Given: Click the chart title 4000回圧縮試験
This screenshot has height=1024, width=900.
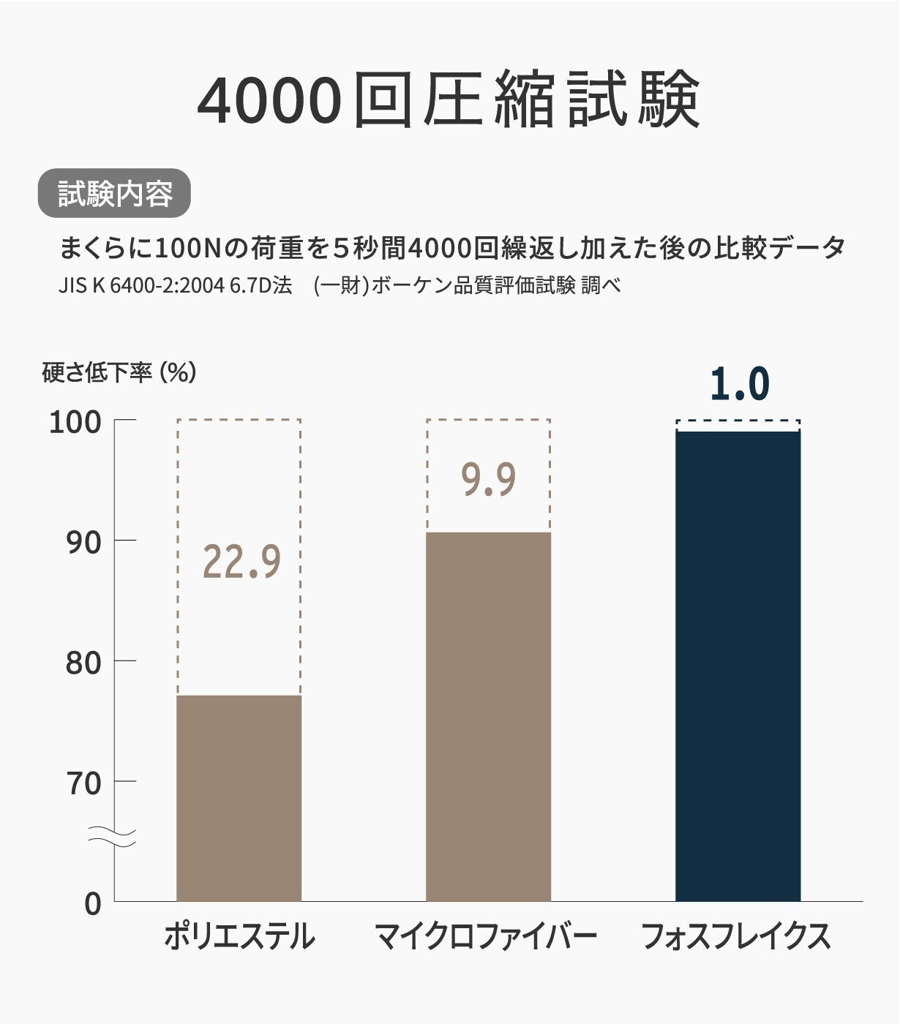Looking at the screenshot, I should coord(449,100).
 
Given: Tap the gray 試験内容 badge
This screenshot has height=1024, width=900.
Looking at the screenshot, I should coord(114,194).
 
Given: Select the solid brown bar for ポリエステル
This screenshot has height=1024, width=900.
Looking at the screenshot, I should coord(239,797).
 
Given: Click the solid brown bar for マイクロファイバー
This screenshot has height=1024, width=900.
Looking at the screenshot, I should coord(488,716).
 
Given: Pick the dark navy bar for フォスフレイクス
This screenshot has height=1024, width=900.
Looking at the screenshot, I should coord(738,666).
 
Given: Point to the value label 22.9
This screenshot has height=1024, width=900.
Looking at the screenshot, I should coord(241,562).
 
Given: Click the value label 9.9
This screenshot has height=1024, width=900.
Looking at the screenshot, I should coord(488,480).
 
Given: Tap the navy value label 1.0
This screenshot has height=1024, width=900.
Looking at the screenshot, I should coord(739,385).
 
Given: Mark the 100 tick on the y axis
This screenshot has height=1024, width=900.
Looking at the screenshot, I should coord(75,422).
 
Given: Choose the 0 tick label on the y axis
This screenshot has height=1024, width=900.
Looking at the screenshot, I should coord(93,904).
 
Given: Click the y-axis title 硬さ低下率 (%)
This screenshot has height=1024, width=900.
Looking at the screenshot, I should coord(119,373).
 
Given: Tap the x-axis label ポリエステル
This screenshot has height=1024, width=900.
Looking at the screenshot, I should coord(239,937).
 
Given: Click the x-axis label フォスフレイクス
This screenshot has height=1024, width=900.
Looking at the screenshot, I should coord(736,937).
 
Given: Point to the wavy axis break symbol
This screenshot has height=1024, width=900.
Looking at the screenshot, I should coord(113,836).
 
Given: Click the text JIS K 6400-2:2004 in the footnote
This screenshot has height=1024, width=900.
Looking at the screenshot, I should coord(140,285).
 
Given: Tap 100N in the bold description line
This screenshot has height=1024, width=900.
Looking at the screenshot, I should coord(188,248).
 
